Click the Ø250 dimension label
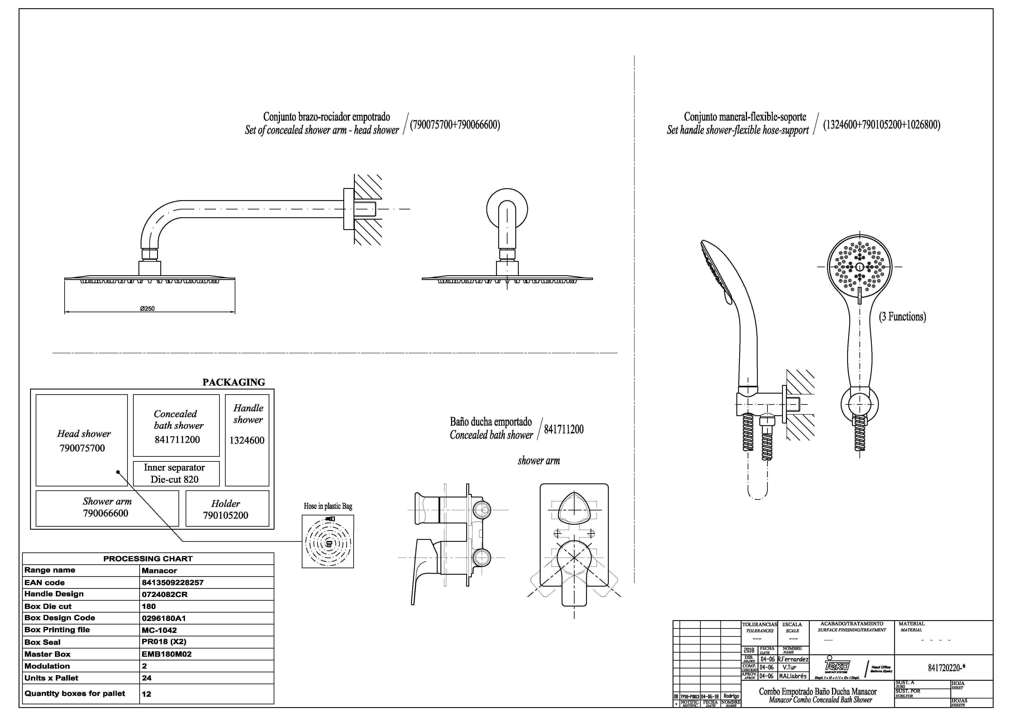(147, 309)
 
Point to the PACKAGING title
(234, 382)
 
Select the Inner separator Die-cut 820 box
(176, 473)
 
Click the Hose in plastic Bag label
(328, 506)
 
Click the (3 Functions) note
(902, 317)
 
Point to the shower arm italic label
(539, 461)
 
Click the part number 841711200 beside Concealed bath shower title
(564, 430)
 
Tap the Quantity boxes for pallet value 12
(146, 694)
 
